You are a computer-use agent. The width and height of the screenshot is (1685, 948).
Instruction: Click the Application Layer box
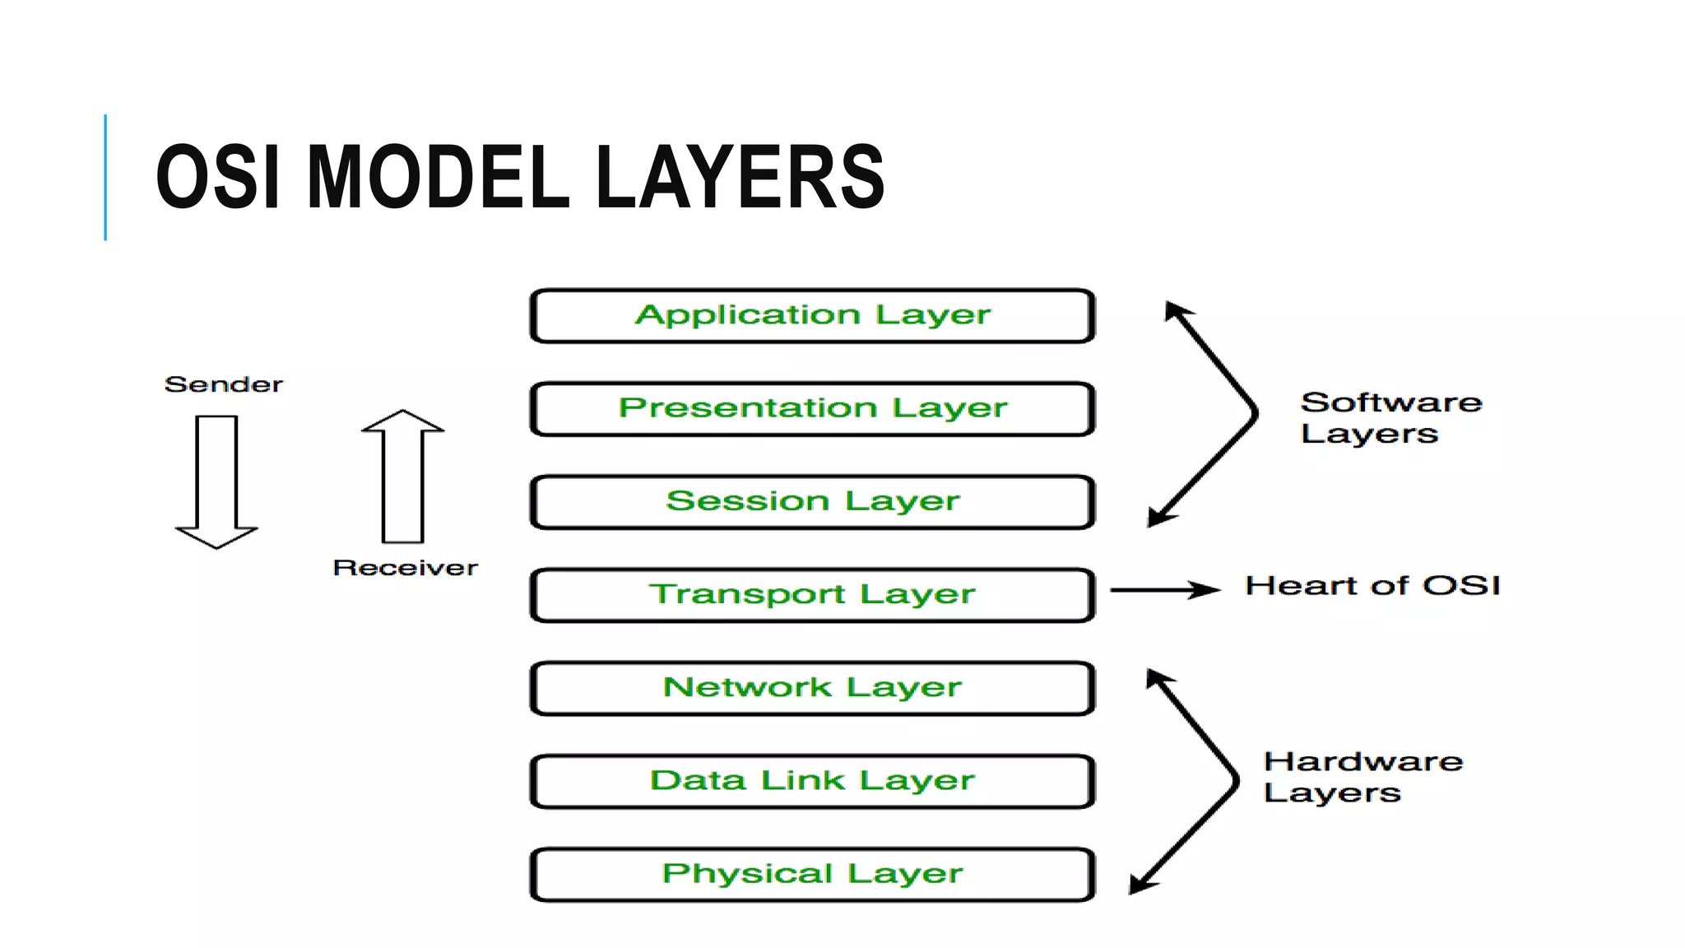point(812,316)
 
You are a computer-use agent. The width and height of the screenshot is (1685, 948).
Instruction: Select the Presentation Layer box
point(812,409)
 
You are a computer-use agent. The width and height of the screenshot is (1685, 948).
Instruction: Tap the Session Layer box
point(812,502)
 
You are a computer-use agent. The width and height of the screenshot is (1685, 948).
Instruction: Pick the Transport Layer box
point(812,595)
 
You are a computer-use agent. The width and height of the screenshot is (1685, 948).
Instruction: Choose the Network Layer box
point(812,688)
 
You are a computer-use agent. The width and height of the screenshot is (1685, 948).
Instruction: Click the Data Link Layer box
point(812,781)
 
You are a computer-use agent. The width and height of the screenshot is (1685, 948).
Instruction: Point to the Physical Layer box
point(812,874)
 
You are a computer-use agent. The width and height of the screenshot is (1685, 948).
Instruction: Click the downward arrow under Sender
point(216,481)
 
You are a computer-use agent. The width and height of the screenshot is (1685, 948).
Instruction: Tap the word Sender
point(223,384)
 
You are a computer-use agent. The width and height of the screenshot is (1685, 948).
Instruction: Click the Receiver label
point(405,568)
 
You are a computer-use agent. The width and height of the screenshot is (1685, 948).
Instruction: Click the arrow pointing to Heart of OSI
point(1164,589)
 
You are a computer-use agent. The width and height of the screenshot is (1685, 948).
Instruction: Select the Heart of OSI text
point(1372,586)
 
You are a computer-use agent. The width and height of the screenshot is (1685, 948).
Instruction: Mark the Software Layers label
point(1390,418)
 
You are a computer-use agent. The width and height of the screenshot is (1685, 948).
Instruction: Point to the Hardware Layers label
point(1362,777)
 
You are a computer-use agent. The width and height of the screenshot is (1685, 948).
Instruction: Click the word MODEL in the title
point(437,177)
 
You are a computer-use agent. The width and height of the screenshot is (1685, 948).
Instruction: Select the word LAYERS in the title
point(739,177)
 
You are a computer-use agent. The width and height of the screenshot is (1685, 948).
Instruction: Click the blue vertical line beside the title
point(105,177)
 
